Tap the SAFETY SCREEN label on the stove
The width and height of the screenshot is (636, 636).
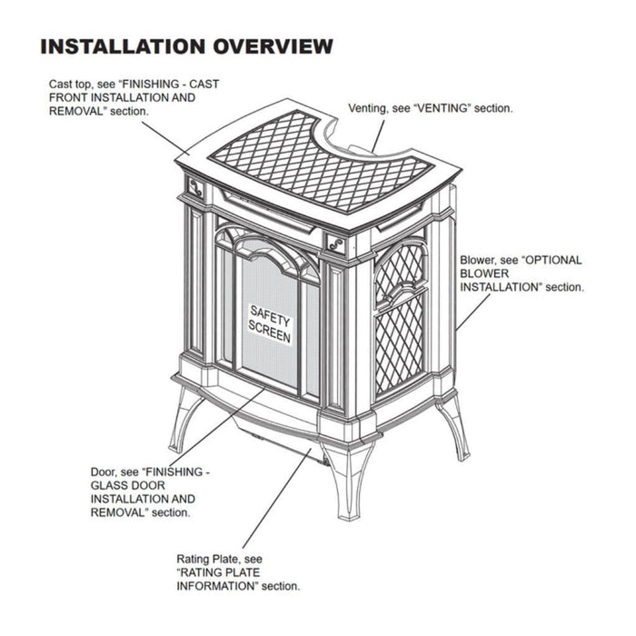tap(270, 323)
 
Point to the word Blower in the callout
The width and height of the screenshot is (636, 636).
tap(479, 259)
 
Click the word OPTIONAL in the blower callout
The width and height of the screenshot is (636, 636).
tap(544, 259)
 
